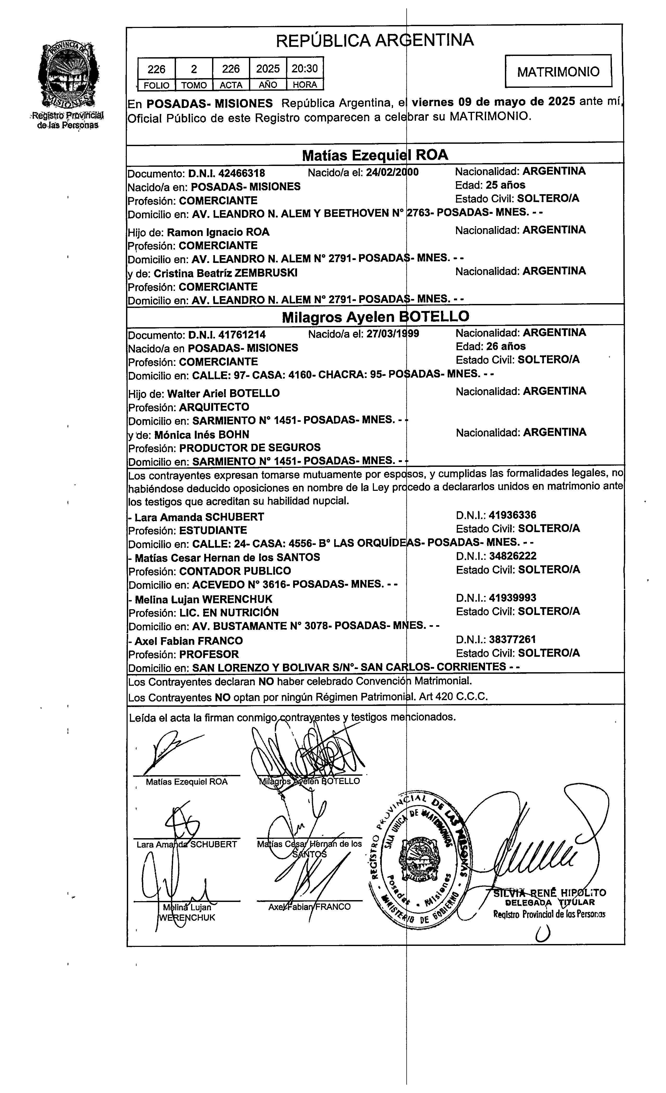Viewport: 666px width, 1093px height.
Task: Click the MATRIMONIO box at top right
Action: coord(558,71)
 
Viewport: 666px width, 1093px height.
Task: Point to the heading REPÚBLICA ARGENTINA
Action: coord(375,40)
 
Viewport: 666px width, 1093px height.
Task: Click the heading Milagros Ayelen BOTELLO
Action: coord(375,317)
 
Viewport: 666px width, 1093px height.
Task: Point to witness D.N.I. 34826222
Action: coord(513,556)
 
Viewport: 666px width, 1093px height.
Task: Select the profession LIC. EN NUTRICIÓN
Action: coord(229,613)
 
